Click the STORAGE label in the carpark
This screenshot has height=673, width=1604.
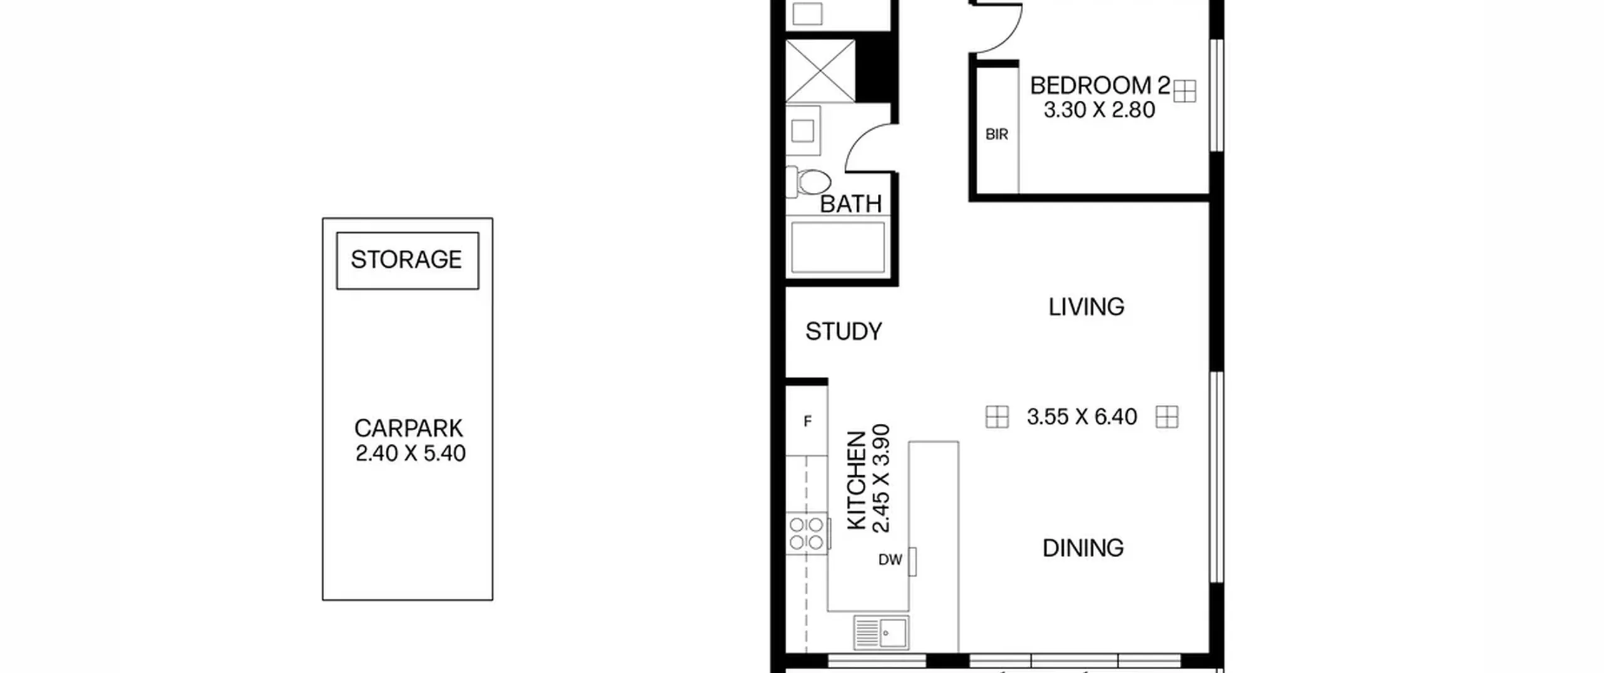(406, 260)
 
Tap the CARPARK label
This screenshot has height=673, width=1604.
(409, 429)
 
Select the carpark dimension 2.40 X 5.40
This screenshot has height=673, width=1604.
(410, 453)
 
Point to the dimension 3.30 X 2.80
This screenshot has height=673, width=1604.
(1099, 110)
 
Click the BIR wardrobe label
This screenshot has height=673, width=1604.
(997, 135)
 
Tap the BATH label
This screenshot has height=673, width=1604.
(850, 204)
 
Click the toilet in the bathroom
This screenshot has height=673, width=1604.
(809, 182)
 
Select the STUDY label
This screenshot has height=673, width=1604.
(843, 331)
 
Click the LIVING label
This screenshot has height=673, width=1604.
(1086, 307)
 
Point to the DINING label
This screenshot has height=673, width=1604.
(1083, 548)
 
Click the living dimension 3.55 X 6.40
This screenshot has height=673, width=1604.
(1081, 417)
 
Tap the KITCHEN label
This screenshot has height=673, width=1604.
(857, 481)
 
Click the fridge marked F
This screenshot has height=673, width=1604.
(807, 421)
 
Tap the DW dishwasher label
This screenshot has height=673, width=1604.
(890, 560)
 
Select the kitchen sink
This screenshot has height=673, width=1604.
(880, 633)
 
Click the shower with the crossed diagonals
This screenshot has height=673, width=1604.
(820, 71)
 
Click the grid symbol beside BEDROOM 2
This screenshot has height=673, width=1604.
(1184, 91)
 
